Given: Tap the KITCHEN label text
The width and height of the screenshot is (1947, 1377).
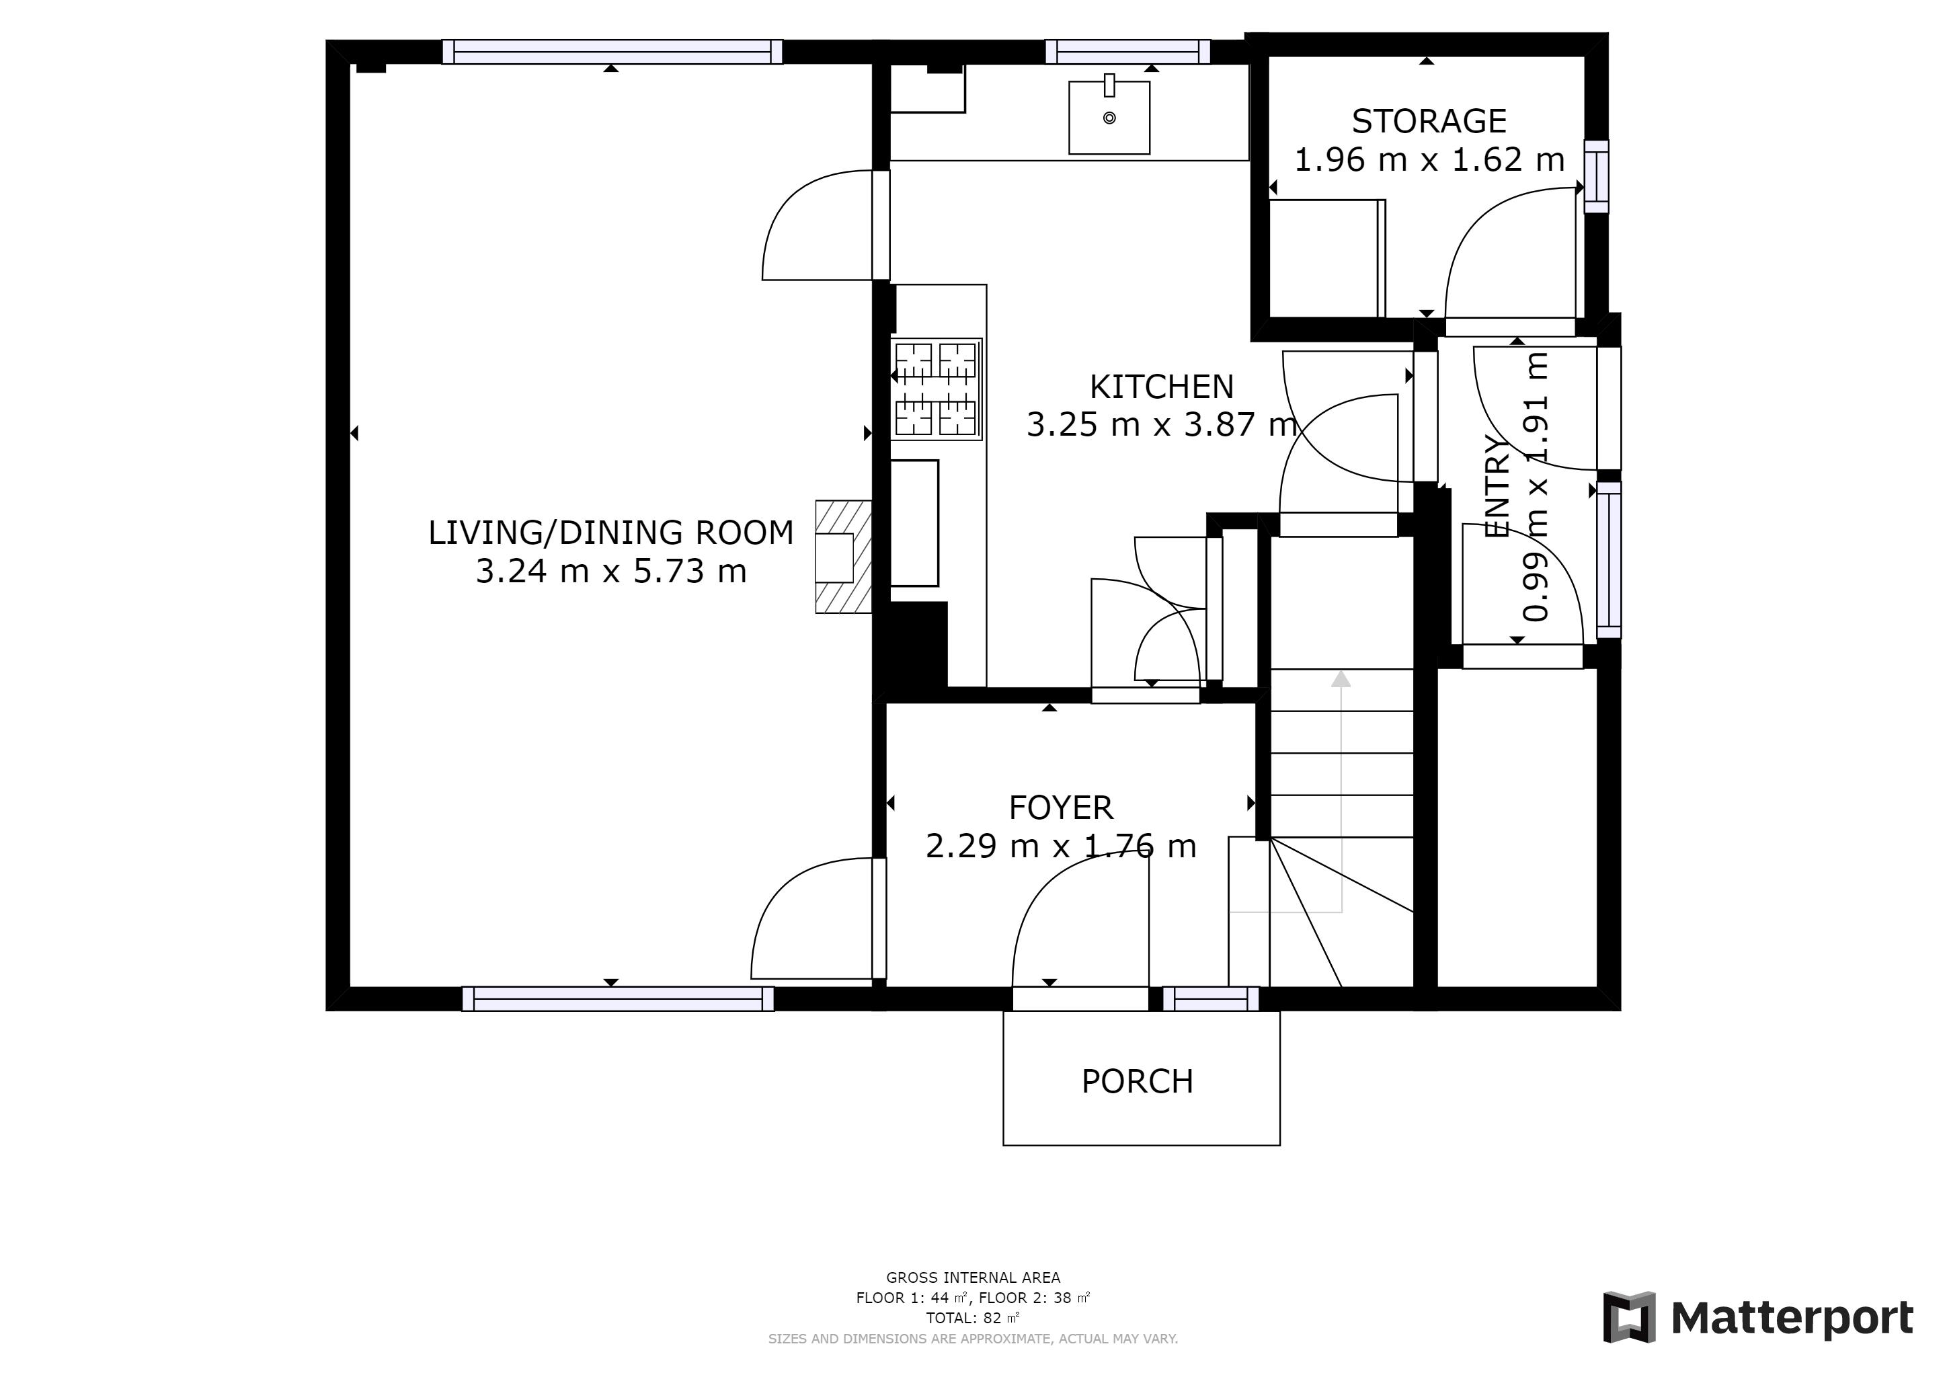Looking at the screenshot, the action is (x=1161, y=387).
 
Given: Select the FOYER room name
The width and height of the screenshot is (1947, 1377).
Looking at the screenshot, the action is (x=1061, y=808).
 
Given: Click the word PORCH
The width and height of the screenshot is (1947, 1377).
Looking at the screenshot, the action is (x=1137, y=1081).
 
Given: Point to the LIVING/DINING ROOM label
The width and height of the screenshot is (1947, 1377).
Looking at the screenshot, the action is (x=610, y=533).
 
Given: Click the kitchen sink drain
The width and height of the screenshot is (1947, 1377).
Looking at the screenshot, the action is (x=1109, y=118).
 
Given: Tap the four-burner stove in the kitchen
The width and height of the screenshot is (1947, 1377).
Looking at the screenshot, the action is (x=937, y=389).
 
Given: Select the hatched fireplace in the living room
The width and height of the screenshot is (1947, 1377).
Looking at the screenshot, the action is (x=844, y=557).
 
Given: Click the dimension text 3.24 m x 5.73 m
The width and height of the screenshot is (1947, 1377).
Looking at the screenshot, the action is (x=610, y=571).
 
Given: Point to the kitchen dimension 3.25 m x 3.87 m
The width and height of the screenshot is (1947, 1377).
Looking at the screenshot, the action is (x=1161, y=424).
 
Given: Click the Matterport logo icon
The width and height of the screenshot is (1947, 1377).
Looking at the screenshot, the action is (x=1629, y=1318).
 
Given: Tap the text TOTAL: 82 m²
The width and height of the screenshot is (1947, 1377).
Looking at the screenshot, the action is (x=973, y=1319).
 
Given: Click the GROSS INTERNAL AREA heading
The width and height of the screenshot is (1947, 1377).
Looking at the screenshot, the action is (x=973, y=1277).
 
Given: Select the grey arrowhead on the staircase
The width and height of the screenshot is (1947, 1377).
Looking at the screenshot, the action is (x=1341, y=678).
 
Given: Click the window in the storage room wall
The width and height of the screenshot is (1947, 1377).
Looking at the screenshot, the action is (x=1596, y=176).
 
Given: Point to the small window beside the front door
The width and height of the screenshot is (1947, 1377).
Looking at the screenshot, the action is (x=1210, y=1000).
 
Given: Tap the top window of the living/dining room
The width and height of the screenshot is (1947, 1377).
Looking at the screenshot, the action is (x=611, y=52).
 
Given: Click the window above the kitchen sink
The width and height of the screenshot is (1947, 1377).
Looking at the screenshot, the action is (x=1128, y=52).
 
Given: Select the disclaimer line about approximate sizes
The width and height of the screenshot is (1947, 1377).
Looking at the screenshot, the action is (x=973, y=1339).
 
